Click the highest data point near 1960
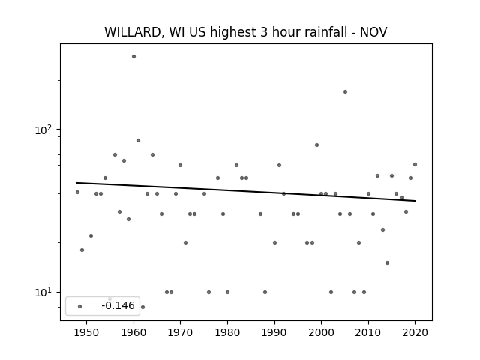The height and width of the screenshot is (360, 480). [133, 57]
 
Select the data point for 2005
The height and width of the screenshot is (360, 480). [345, 91]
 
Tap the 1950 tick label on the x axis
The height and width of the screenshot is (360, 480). [87, 332]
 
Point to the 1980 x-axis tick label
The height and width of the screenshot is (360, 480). [227, 332]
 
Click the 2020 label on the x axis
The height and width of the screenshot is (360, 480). [415, 332]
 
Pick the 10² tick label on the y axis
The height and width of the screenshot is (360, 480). [43, 130]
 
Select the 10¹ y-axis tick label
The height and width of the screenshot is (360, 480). [43, 292]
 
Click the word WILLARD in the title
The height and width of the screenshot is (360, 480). [133, 32]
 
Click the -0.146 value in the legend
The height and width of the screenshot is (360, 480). [118, 305]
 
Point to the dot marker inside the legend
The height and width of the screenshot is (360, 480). [80, 306]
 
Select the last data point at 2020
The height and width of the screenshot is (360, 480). [415, 165]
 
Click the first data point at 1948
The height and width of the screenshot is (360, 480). [77, 192]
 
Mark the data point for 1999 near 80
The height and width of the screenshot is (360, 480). [316, 145]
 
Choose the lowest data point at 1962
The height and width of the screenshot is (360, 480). [142, 307]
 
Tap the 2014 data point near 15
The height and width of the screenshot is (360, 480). [387, 262]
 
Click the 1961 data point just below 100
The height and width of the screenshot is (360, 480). [138, 140]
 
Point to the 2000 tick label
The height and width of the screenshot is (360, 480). [321, 332]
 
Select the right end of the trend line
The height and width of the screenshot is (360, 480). [415, 201]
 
